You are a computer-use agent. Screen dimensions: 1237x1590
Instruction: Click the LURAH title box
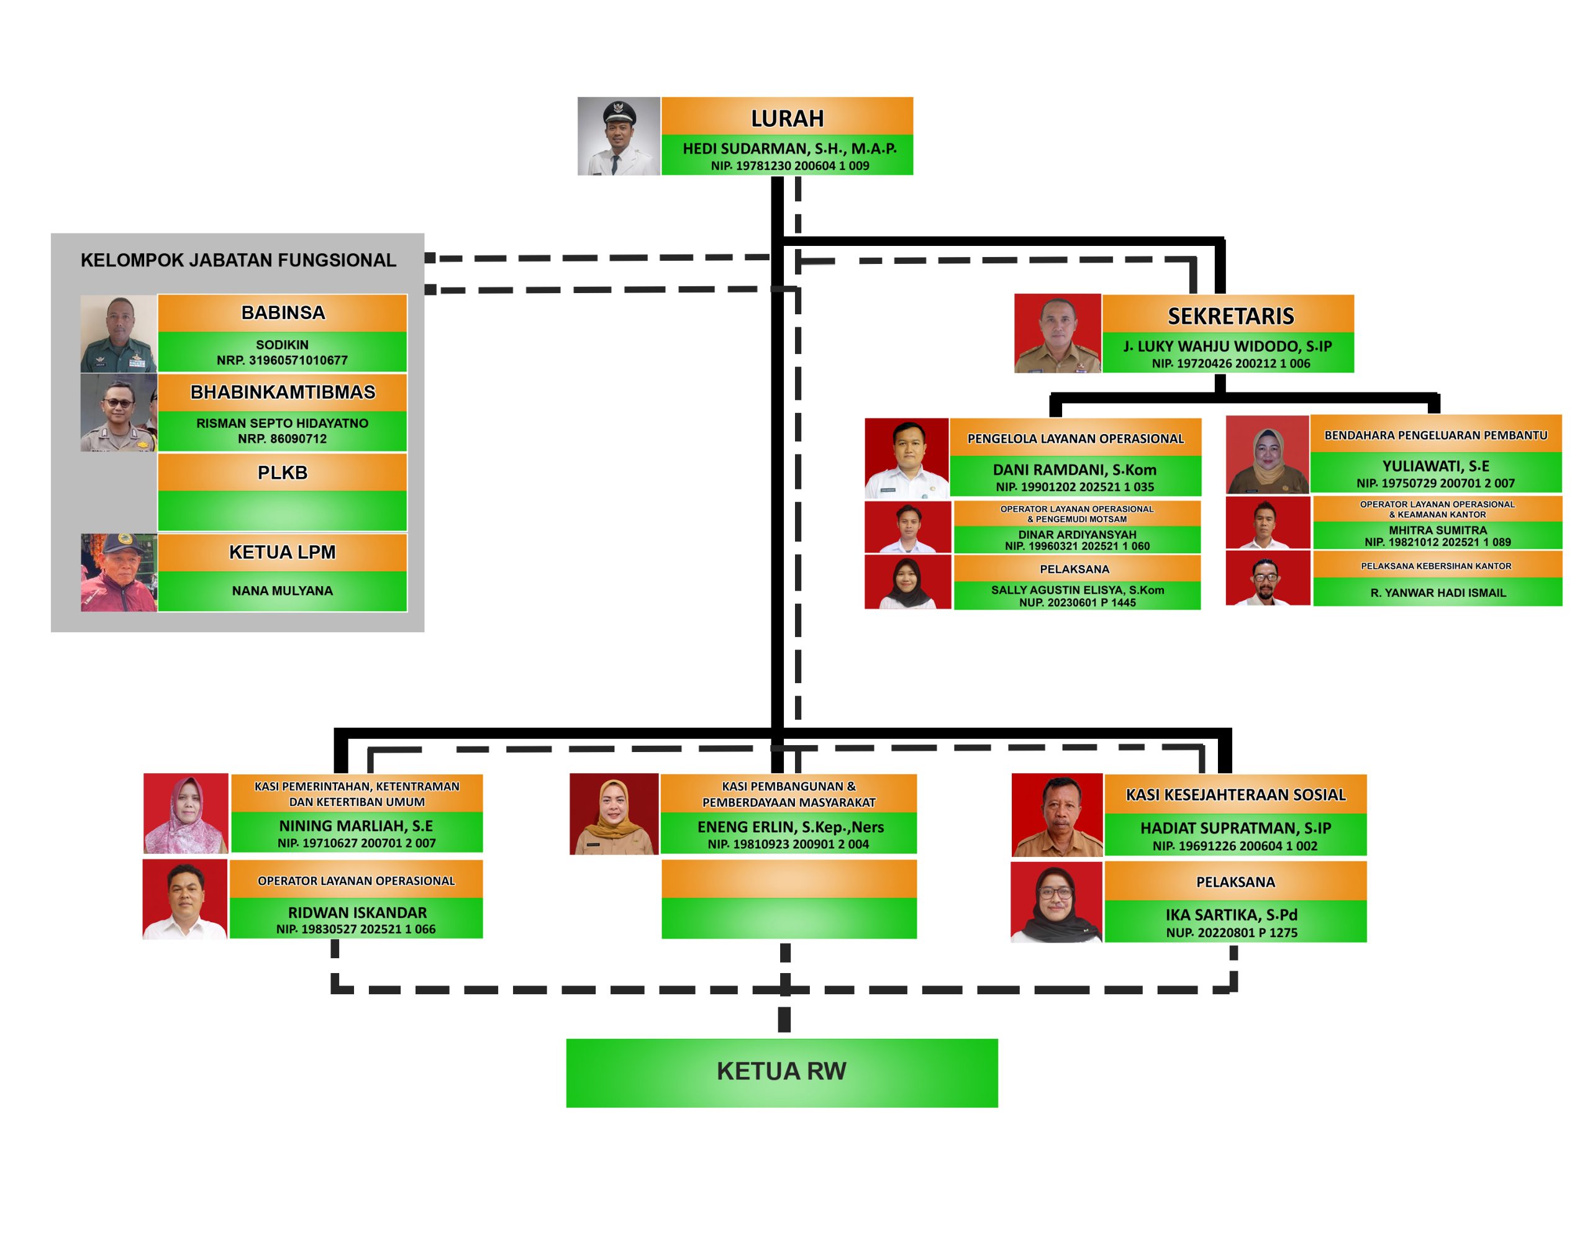point(787,117)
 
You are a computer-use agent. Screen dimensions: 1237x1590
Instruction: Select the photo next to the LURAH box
point(619,136)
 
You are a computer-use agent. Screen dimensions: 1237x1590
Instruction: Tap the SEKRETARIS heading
point(1230,315)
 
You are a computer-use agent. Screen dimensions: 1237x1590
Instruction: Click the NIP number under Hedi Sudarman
point(790,165)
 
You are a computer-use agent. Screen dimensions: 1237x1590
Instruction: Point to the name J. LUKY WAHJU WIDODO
point(1227,346)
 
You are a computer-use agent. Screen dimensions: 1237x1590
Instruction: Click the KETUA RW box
point(781,1071)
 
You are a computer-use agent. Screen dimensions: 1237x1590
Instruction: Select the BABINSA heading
point(283,312)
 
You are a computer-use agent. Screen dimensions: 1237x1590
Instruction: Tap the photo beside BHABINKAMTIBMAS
point(119,412)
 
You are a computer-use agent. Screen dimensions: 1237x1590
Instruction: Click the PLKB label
point(283,473)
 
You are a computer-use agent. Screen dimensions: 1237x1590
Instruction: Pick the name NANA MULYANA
point(283,591)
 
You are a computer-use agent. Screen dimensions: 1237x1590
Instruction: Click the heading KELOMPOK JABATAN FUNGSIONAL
point(238,260)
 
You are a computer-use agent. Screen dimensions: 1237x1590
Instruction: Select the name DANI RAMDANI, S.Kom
point(1074,469)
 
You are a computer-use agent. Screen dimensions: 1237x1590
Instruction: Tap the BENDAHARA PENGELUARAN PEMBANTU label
point(1436,435)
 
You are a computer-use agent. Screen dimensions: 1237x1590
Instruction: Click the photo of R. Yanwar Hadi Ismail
point(1268,578)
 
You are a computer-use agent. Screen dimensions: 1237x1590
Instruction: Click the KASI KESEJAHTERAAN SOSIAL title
point(1235,794)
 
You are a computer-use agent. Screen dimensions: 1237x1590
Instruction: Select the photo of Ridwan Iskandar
point(185,899)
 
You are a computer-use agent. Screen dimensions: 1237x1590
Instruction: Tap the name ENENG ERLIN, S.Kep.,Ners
point(791,827)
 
